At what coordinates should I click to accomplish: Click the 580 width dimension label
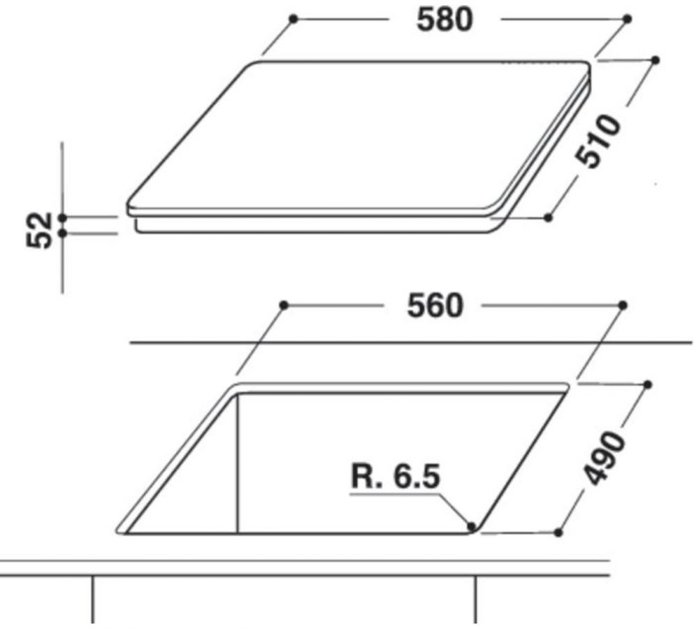tap(444, 20)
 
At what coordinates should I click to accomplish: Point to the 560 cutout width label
tap(435, 306)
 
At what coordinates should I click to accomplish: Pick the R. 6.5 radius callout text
tap(396, 477)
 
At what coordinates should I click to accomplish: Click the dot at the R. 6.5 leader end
tap(471, 526)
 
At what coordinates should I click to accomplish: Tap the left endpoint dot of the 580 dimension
tap(293, 19)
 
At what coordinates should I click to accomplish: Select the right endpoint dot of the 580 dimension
tap(627, 19)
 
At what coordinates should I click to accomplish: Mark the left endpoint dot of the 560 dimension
tap(284, 305)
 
